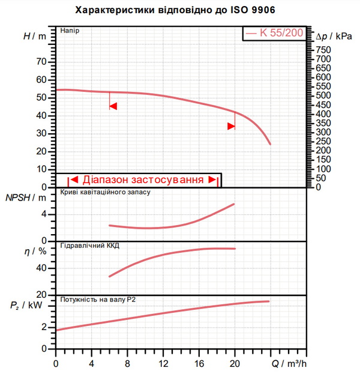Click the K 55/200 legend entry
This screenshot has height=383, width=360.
pos(275,33)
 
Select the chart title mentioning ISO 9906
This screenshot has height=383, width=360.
pos(175,10)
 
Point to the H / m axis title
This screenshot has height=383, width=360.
pos(35,37)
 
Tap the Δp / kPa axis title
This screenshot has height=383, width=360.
pos(334,37)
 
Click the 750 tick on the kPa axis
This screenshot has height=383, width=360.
pos(323,50)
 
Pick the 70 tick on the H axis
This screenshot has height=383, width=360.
pos(41,62)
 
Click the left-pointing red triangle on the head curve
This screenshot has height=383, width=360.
pos(113,106)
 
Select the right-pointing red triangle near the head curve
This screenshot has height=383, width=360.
pos(231,126)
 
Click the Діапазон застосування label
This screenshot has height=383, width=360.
pos(143,179)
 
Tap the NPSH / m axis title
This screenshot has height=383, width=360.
pos(26,198)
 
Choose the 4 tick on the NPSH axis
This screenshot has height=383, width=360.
pos(44,214)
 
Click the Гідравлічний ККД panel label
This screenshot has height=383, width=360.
pos(89,246)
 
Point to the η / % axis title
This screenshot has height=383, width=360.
pos(35,251)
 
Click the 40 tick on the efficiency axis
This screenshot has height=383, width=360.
pos(41,268)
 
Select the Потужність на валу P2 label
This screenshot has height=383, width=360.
pos(98,300)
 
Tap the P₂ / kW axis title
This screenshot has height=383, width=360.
pos(26,305)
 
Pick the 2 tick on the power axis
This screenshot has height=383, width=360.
pos(44,327)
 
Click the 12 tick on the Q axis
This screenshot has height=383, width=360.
pos(164,364)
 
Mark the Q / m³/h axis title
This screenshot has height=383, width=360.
pos(289,364)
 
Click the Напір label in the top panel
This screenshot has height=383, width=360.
pos(70,31)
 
